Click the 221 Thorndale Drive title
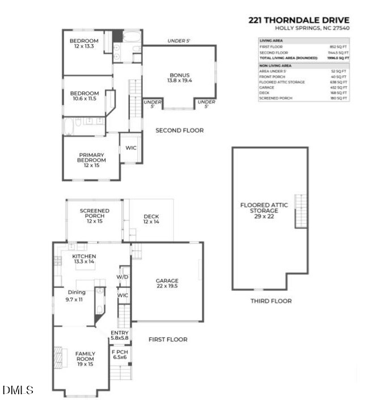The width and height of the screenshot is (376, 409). pyautogui.click(x=298, y=19)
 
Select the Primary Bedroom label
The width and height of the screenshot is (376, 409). pyautogui.click(x=91, y=157)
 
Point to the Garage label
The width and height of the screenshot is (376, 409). pyautogui.click(x=167, y=283)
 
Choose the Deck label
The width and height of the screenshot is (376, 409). pyautogui.click(x=151, y=219)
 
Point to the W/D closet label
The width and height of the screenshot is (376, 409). pyautogui.click(x=123, y=277)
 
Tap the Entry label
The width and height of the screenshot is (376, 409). pyautogui.click(x=120, y=336)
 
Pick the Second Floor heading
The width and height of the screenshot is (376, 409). pyautogui.click(x=179, y=131)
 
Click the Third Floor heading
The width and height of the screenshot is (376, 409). pyautogui.click(x=271, y=301)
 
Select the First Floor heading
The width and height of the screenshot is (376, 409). pyautogui.click(x=168, y=340)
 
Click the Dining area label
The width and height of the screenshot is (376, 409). pyautogui.click(x=77, y=295)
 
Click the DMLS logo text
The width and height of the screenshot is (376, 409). pyautogui.click(x=18, y=390)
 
